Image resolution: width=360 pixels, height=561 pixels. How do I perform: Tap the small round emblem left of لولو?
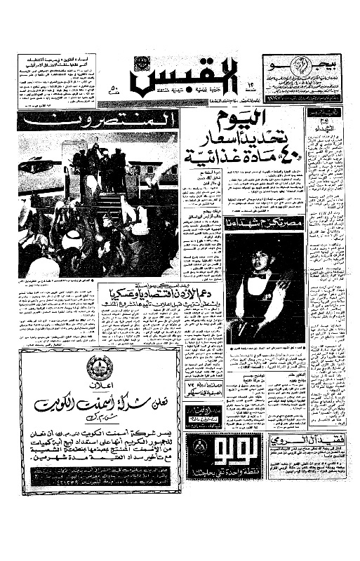198,450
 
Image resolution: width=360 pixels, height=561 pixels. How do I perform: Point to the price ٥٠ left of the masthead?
114,89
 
